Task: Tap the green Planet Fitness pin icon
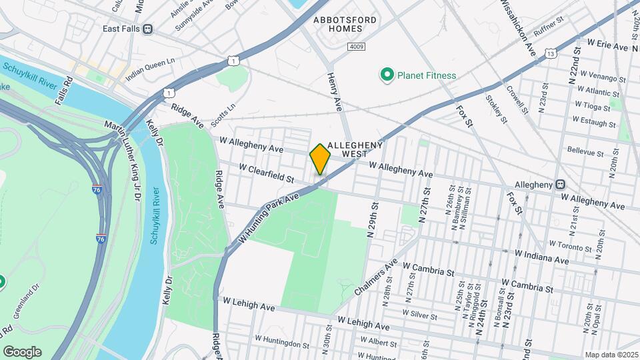click(x=386, y=75)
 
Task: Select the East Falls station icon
click(x=148, y=29)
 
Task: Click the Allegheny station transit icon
click(x=561, y=185)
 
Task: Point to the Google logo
click(x=22, y=351)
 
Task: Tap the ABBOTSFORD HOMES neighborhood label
click(x=345, y=25)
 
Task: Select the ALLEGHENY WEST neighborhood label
click(x=354, y=149)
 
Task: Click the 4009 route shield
click(x=356, y=47)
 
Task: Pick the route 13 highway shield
click(x=550, y=53)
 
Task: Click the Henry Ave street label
click(x=334, y=92)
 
